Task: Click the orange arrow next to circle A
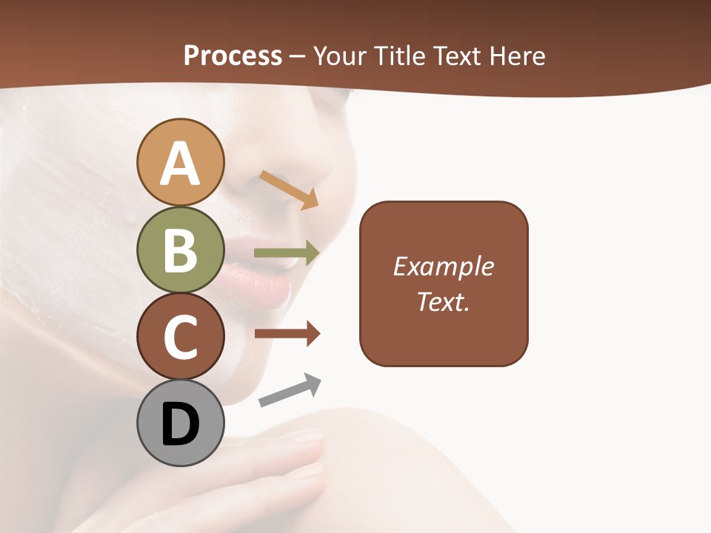pyautogui.click(x=289, y=190)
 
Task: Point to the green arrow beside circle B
pyautogui.click(x=287, y=253)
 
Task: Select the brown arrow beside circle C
pyautogui.click(x=287, y=335)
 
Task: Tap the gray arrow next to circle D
pyautogui.click(x=290, y=390)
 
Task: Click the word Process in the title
pyautogui.click(x=233, y=56)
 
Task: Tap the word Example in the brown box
pyautogui.click(x=444, y=266)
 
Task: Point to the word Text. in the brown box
pyautogui.click(x=444, y=301)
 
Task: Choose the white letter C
pyautogui.click(x=180, y=337)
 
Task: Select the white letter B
pyautogui.click(x=180, y=249)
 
